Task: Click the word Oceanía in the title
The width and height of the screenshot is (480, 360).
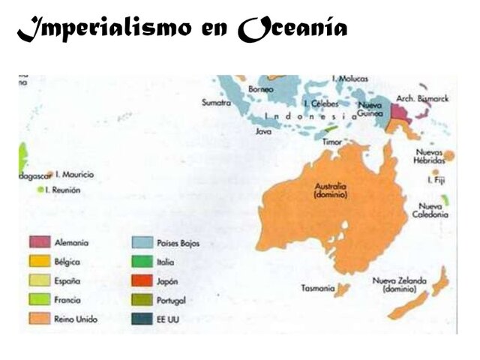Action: pos(293,29)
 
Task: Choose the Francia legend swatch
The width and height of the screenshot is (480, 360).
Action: pos(39,300)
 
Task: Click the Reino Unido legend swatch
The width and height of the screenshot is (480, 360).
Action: pos(39,319)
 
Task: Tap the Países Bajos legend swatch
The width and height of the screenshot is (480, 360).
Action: pos(142,243)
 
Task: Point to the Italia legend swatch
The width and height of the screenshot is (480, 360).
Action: pos(142,262)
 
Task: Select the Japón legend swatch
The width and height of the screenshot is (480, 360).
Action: pos(142,281)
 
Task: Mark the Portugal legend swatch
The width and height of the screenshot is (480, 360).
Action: pos(142,300)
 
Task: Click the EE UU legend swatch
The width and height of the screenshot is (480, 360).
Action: pos(142,319)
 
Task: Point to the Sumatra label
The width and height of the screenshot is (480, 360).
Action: pos(216,103)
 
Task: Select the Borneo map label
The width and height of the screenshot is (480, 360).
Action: pos(261,88)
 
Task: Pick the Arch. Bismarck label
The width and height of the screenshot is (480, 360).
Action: pos(422,97)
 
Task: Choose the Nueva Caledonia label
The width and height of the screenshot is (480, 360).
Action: pos(433,210)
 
